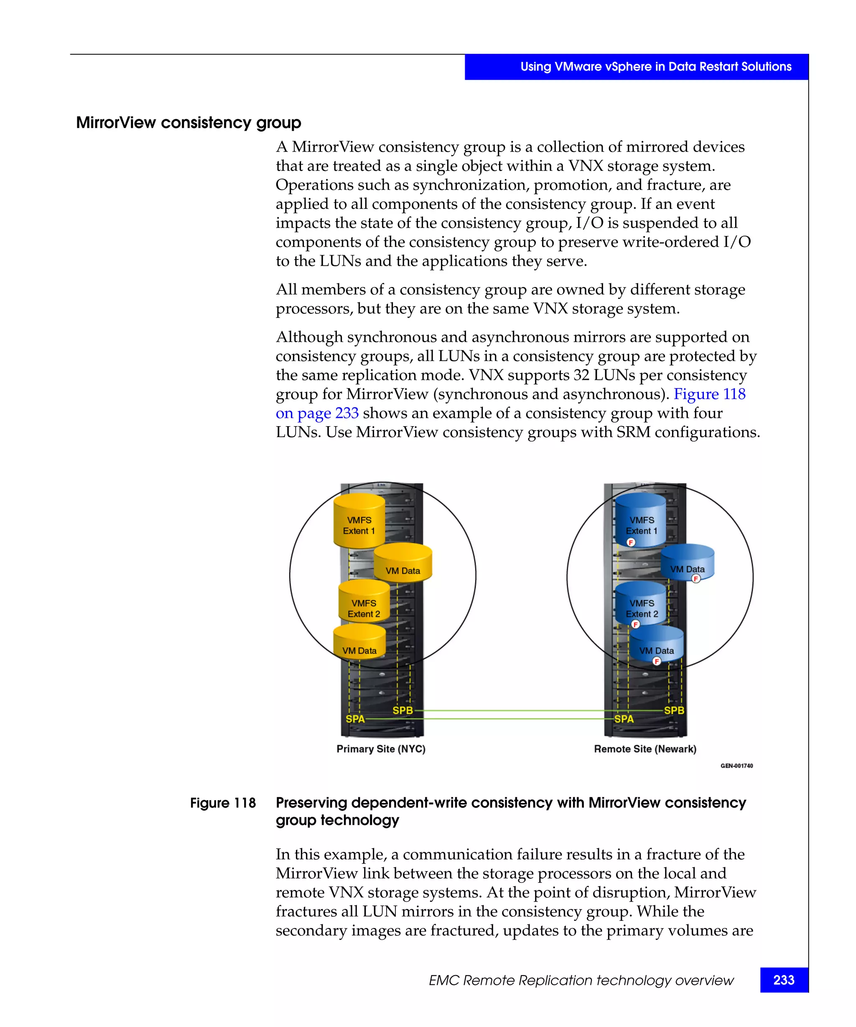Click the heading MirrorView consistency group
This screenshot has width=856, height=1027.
pyautogui.click(x=189, y=122)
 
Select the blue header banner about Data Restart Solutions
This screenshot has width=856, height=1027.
pyautogui.click(x=636, y=66)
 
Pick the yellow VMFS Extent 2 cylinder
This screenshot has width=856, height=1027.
pyautogui.click(x=364, y=605)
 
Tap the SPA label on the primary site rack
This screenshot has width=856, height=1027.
pyautogui.click(x=355, y=719)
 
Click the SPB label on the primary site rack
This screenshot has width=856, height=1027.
pyautogui.click(x=403, y=710)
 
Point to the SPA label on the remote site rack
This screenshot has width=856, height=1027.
pyautogui.click(x=624, y=719)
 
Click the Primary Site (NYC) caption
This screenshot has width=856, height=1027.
pyautogui.click(x=380, y=749)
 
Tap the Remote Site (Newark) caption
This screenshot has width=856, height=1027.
pyautogui.click(x=645, y=749)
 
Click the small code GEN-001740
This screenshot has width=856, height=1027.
pyautogui.click(x=736, y=766)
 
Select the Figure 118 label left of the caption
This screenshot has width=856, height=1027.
pyautogui.click(x=222, y=803)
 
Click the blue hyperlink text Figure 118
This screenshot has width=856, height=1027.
pyautogui.click(x=709, y=394)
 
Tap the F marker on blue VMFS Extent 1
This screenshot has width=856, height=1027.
pyautogui.click(x=630, y=542)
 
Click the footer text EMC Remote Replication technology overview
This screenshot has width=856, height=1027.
pyautogui.click(x=581, y=980)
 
